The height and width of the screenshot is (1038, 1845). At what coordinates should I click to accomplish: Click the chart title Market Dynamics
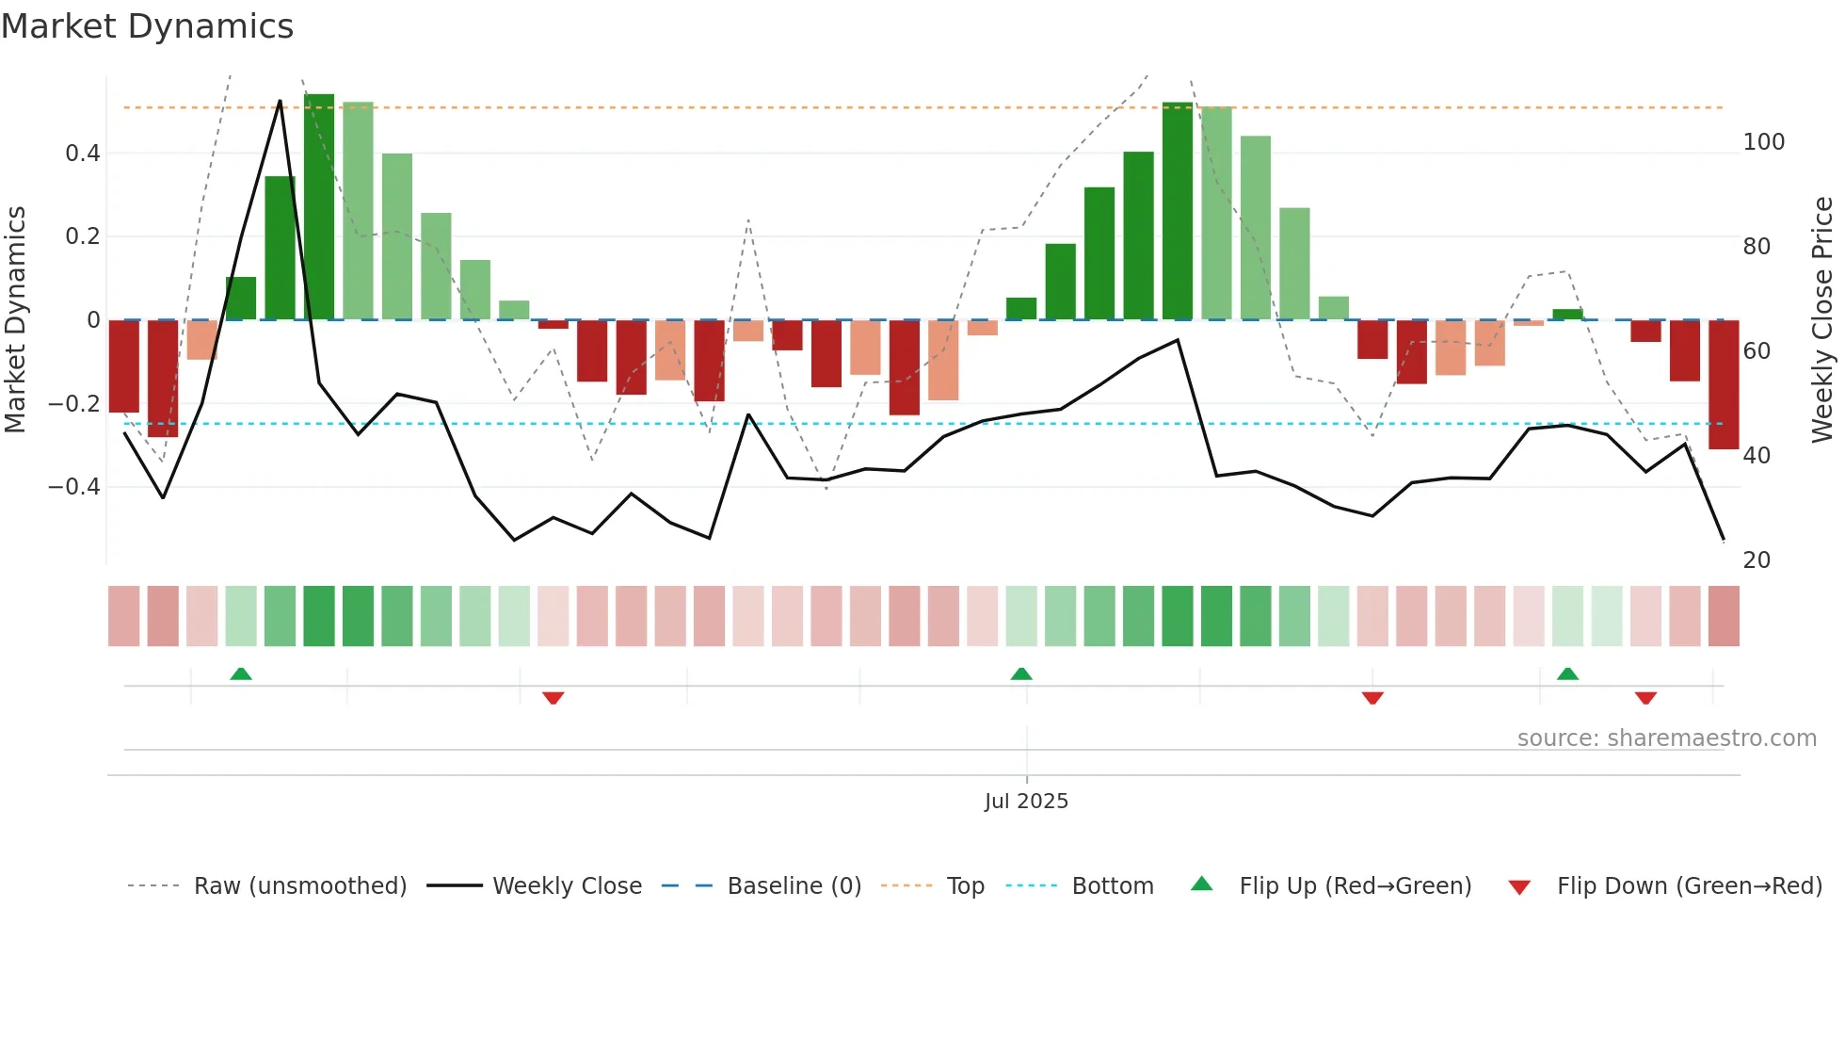click(148, 26)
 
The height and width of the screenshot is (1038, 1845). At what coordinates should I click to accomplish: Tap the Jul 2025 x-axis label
click(1026, 802)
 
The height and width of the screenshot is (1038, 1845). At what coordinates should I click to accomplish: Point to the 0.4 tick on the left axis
click(83, 154)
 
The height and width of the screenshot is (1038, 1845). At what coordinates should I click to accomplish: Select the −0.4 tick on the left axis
click(74, 487)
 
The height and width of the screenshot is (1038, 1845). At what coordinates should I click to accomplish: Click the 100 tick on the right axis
click(1763, 142)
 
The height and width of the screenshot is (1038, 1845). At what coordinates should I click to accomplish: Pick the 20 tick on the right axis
click(1757, 560)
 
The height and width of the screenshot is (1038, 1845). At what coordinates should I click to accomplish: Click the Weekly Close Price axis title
click(1822, 320)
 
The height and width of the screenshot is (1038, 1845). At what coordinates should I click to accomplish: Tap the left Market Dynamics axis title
click(15, 320)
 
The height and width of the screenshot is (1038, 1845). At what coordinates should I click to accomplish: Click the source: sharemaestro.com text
click(1666, 738)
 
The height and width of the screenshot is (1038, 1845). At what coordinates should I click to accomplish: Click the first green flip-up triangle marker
click(241, 673)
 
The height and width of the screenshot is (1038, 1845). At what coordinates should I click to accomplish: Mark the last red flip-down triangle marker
click(1645, 698)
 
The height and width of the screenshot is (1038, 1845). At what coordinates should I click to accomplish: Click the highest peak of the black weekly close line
click(280, 101)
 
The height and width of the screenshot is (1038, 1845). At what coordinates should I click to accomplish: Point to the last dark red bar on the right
click(1724, 384)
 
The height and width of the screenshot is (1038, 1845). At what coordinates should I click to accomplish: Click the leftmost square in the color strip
click(124, 616)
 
